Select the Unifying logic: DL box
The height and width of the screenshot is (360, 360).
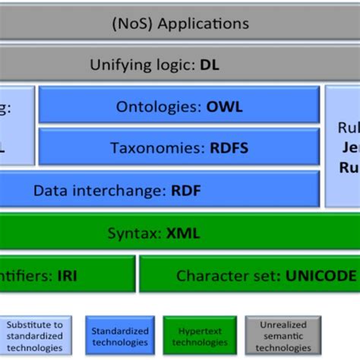pos(180,65)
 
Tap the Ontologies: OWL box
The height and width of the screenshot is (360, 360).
pos(179,106)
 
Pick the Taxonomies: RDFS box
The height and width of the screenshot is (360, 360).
pos(179,147)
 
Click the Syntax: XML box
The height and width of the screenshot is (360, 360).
pos(180,232)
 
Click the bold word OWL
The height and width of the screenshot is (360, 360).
pos(225,106)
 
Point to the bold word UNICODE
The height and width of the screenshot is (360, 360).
pos(321,276)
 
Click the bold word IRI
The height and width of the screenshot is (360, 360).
pos(67,276)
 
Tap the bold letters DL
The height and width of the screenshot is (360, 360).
pos(209,65)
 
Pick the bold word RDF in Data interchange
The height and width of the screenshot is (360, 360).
pos(186,190)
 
